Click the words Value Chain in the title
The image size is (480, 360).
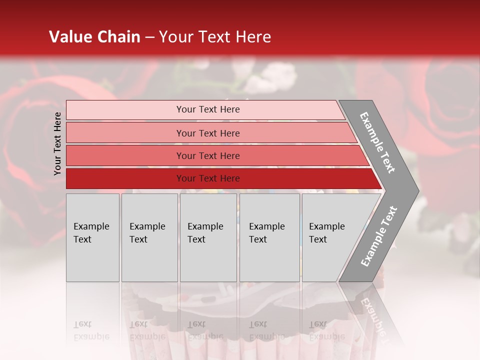tap(94, 37)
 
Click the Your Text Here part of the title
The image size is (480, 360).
tap(215, 37)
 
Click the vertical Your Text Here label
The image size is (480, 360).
tap(57, 143)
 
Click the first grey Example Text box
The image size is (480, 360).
tap(92, 237)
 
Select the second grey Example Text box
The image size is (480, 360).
tap(149, 237)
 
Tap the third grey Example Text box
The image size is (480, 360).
tap(208, 237)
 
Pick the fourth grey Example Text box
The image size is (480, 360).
tap(269, 237)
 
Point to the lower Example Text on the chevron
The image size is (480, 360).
tap(378, 236)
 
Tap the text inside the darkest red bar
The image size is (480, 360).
tap(208, 178)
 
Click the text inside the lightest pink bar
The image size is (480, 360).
tap(208, 109)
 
